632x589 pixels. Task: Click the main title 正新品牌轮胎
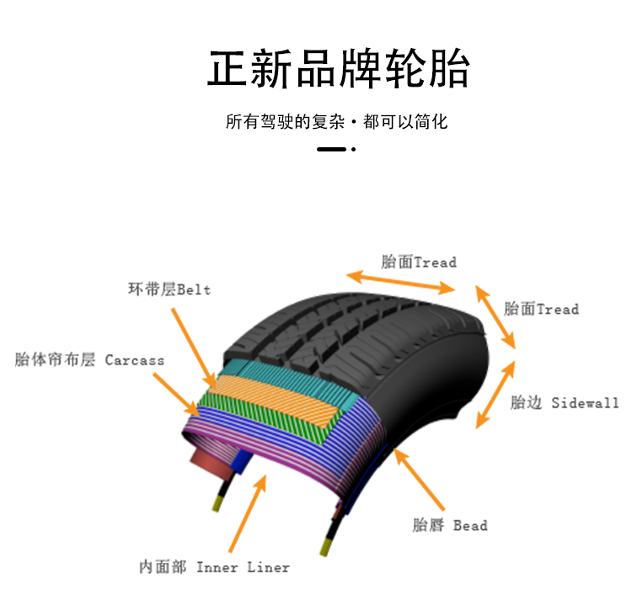tap(339, 69)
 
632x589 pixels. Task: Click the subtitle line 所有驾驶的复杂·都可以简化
tap(336, 122)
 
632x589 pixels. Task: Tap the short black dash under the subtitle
tap(331, 150)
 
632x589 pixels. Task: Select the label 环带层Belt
tap(169, 289)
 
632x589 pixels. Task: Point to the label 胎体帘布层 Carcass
tap(90, 360)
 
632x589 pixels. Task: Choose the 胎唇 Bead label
tap(450, 526)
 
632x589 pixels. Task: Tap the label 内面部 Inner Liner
tap(214, 567)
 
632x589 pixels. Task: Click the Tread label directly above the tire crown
tap(419, 262)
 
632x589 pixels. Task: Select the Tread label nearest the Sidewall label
tap(542, 309)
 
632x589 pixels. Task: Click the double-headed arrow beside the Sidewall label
tap(495, 395)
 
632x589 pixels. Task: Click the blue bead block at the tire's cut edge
tap(245, 461)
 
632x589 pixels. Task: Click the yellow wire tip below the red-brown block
tap(218, 502)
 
